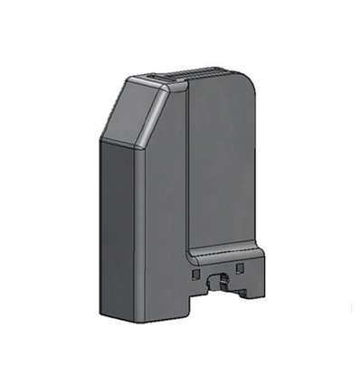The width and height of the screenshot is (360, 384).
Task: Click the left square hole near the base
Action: [196, 270]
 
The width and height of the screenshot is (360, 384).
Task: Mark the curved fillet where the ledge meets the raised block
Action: [190, 250]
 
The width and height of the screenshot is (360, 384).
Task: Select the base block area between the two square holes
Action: [217, 267]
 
